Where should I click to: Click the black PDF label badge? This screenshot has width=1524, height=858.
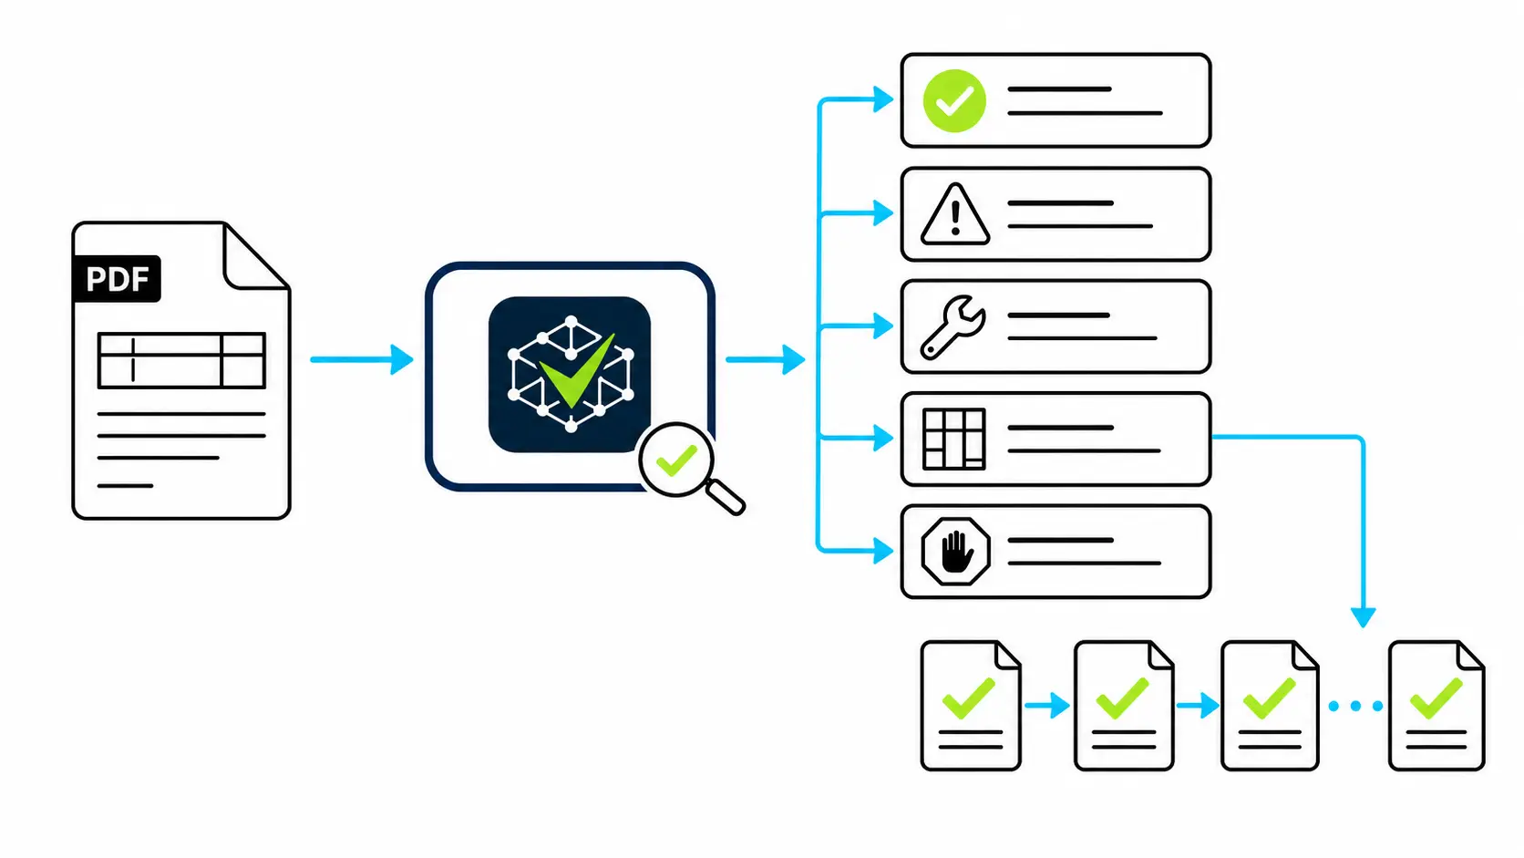coord(117,278)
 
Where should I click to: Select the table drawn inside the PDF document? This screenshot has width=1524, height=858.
coord(181,361)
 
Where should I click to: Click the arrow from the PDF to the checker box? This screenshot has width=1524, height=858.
coord(362,359)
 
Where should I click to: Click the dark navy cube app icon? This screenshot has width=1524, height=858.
coord(570,374)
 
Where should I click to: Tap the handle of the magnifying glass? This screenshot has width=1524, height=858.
coord(726,497)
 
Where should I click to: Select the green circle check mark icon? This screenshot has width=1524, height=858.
coord(953,100)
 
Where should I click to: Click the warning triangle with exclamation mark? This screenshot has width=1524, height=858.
coord(955,213)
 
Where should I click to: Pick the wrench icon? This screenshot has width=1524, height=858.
coord(952,326)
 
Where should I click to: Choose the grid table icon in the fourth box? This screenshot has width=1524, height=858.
coord(953,439)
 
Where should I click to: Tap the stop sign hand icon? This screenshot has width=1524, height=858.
coord(955,551)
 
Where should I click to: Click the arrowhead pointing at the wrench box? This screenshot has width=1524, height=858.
coord(883,326)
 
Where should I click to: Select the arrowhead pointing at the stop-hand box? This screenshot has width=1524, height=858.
coord(883,551)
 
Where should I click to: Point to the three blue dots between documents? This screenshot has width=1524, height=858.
coord(1355,707)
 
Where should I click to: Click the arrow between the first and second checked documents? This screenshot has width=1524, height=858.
coord(1047,706)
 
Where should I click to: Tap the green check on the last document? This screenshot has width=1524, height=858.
coord(1436,698)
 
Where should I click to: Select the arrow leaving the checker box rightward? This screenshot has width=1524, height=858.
coord(766,359)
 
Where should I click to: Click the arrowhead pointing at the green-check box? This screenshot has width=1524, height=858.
coord(883,99)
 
